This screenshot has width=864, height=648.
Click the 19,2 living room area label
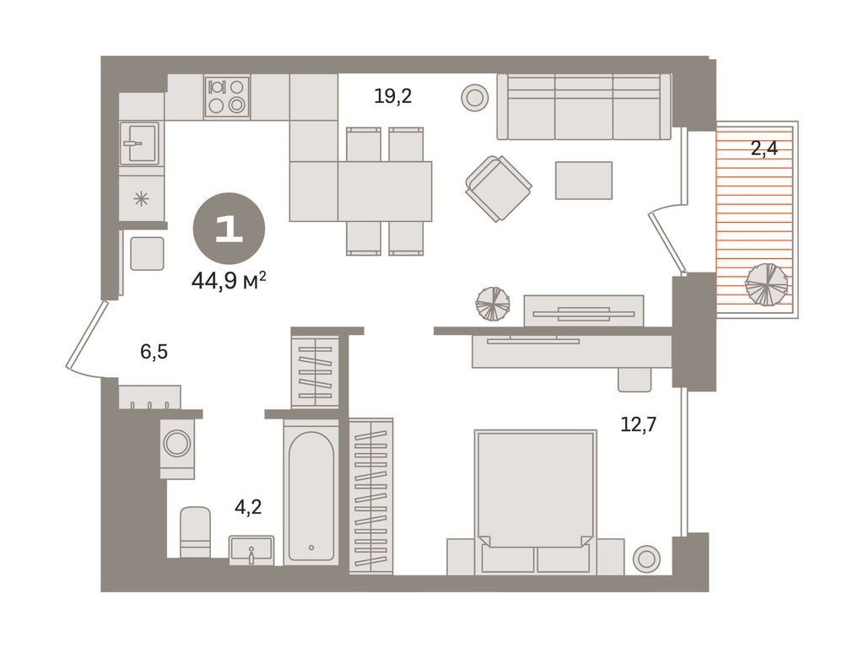(393, 97)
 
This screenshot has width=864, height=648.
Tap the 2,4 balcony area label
(764, 148)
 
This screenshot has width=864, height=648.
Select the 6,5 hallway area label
(154, 352)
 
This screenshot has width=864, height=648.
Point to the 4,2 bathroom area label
(248, 507)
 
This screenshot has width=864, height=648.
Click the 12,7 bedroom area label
(639, 425)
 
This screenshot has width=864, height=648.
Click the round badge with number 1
(229, 228)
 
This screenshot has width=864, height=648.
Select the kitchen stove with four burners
(227, 96)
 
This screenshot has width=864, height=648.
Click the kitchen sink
(139, 143)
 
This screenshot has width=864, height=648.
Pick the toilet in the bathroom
(195, 532)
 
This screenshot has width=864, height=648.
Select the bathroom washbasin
(251, 550)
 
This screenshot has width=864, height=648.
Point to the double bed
(536, 501)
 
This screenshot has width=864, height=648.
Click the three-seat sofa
(584, 106)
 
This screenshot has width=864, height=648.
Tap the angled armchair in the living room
(498, 188)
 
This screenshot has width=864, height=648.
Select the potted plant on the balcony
(766, 284)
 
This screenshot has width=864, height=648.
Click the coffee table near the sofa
(584, 181)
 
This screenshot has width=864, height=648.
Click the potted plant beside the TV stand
(493, 304)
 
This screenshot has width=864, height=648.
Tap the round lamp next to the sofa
(474, 98)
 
